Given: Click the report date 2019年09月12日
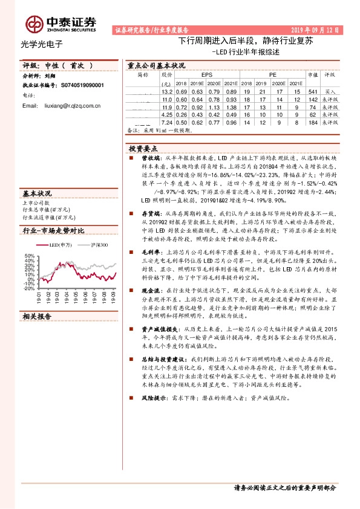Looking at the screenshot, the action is point(315,28).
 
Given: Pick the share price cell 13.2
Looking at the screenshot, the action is point(168,91).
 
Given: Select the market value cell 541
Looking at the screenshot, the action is point(312,91).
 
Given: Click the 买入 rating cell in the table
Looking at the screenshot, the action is point(330,91).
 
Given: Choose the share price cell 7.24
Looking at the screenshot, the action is point(168,122).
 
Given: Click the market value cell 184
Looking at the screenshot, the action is point(312,122).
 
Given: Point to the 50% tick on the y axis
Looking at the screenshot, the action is point(29,256).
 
